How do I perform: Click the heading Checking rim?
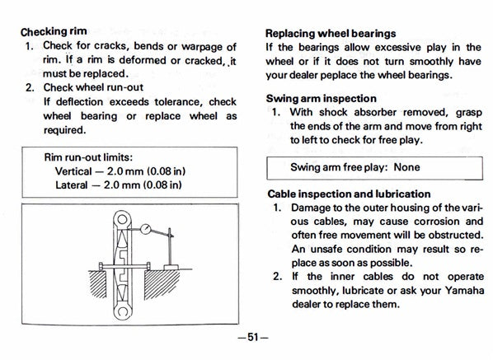pos(54,32)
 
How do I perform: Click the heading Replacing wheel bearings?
pos(331,33)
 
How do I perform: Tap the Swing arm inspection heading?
pos(321,99)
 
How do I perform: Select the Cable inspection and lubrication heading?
pos(349,194)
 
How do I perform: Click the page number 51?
pos(253,337)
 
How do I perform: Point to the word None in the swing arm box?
pos(406,167)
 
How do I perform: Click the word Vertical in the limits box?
pos(73,171)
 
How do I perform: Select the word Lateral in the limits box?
pos(72,185)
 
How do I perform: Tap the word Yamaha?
pos(464,290)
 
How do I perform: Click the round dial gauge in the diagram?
pos(146,229)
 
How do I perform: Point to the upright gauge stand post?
pos(170,247)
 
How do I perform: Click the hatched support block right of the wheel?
pos(161,283)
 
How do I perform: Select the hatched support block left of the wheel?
pos(98,283)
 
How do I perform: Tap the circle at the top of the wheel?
pos(122,218)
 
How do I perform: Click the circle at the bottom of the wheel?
pos(122,312)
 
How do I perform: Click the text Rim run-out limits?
pos(88,157)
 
